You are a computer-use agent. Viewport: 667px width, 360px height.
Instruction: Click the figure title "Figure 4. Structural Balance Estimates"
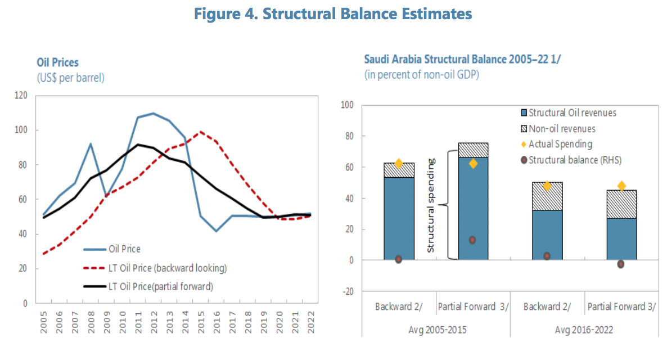click(x=333, y=14)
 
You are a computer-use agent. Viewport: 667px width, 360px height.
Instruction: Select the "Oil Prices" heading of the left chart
click(x=57, y=62)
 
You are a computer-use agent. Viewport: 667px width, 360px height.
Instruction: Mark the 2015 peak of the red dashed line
click(x=200, y=132)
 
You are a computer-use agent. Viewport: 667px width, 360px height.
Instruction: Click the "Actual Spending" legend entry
click(x=560, y=144)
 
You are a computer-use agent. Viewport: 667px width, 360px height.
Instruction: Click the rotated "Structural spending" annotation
click(x=431, y=205)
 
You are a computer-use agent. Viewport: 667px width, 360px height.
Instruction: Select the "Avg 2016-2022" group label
click(x=584, y=329)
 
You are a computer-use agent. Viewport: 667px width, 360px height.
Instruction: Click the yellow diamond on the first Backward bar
click(x=399, y=164)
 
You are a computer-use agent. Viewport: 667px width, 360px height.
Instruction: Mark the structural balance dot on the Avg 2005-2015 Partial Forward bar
click(x=473, y=240)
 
